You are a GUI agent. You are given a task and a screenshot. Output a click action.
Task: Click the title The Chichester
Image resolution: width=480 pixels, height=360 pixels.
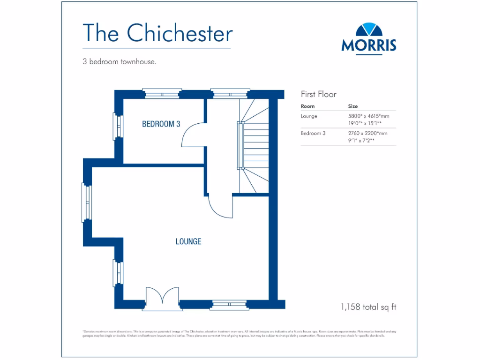pyautogui.click(x=157, y=33)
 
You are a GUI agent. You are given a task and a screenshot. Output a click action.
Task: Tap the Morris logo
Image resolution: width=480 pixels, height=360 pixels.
pyautogui.click(x=369, y=38)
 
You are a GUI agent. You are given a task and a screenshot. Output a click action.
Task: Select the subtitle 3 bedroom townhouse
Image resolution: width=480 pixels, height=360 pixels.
pyautogui.click(x=119, y=61)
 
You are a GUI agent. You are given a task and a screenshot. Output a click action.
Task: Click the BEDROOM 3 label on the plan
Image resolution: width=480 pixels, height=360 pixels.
pyautogui.click(x=161, y=124)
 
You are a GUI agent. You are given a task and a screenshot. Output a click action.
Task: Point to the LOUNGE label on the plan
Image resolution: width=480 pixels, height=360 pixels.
pyautogui.click(x=188, y=241)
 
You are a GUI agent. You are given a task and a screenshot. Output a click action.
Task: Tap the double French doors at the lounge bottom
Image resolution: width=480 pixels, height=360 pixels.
pyautogui.click(x=162, y=298)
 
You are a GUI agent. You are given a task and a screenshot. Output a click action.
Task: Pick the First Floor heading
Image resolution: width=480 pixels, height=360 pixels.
pyautogui.click(x=318, y=94)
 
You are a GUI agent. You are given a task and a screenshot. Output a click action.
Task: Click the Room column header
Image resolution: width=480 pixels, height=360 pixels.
pyautogui.click(x=307, y=106)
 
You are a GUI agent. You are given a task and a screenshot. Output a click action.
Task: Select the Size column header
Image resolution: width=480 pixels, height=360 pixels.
pyautogui.click(x=352, y=106)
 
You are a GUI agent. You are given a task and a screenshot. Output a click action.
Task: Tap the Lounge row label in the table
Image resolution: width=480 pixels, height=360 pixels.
pyautogui.click(x=309, y=116)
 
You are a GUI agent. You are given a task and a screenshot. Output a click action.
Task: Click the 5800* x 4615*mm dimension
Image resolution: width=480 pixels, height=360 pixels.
pyautogui.click(x=368, y=116)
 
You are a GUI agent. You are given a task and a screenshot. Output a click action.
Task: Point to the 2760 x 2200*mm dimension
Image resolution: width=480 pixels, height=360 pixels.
pyautogui.click(x=367, y=133)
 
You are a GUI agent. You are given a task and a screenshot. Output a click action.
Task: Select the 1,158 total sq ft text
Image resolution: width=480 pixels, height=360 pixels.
pyautogui.click(x=368, y=307)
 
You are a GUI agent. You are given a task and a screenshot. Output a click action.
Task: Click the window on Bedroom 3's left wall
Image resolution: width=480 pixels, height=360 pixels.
pyautogui.click(x=117, y=126)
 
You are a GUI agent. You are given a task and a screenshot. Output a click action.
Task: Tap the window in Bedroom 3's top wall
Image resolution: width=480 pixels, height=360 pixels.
pyautogui.click(x=162, y=94)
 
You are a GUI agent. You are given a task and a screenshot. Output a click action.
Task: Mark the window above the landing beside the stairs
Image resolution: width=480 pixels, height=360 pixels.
pyautogui.click(x=229, y=94)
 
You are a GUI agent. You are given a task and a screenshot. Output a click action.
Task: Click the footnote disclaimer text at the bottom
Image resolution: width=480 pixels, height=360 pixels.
pyautogui.click(x=240, y=334)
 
